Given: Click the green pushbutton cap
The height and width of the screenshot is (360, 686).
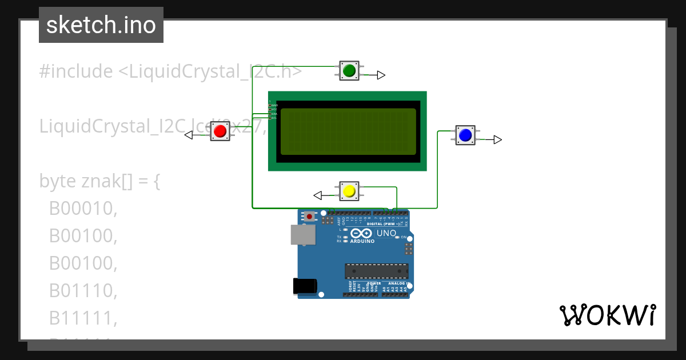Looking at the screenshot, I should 349,70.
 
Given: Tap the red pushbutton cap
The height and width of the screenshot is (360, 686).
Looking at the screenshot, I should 220,132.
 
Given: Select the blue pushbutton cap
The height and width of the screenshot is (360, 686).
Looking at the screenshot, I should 465,135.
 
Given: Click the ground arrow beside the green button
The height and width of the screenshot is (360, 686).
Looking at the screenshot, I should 381,75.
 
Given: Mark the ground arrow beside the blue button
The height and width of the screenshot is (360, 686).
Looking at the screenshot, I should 497,139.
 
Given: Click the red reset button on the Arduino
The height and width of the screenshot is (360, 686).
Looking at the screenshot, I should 309,216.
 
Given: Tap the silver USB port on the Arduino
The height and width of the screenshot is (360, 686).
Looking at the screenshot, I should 302,234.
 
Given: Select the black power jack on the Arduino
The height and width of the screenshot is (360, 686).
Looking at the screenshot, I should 304,286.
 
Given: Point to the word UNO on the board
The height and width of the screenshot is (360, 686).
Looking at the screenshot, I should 386,233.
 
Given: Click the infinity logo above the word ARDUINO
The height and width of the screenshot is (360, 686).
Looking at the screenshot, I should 362,233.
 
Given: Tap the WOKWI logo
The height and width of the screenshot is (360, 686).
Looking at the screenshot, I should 607,315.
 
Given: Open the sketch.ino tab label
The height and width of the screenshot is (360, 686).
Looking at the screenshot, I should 101,25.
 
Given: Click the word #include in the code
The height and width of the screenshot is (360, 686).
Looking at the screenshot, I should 76,71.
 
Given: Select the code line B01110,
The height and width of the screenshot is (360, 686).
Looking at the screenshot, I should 83,291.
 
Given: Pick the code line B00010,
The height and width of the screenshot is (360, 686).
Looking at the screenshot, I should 83,209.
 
